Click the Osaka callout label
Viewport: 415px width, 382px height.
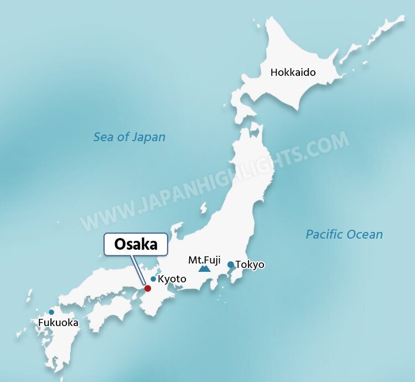(x=136, y=244)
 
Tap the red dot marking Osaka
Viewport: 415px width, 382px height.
(x=148, y=288)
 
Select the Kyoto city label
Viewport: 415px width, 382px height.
(x=172, y=280)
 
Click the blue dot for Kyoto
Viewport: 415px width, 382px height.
(x=153, y=279)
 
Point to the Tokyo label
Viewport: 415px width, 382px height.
(x=250, y=265)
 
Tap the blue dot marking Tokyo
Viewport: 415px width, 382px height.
(x=231, y=265)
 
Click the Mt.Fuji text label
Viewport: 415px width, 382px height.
(x=204, y=259)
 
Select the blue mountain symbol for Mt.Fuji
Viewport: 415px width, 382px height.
(x=205, y=269)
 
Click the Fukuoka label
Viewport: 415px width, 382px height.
(x=58, y=323)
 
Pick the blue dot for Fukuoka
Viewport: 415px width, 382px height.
(x=51, y=312)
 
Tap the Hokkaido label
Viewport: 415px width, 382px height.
(x=293, y=73)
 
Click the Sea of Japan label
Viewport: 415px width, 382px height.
(x=129, y=137)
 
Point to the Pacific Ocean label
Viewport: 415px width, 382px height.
(x=344, y=234)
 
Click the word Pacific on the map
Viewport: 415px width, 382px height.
(x=325, y=234)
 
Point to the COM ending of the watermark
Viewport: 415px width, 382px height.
(x=330, y=144)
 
